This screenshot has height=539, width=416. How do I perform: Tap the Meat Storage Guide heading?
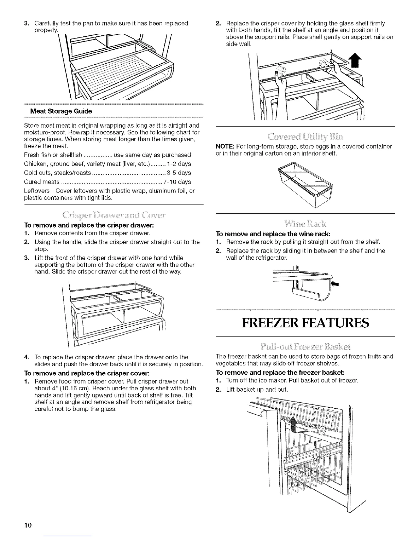(x=61, y=111)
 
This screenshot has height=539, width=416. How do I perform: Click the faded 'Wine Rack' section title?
(x=306, y=224)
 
